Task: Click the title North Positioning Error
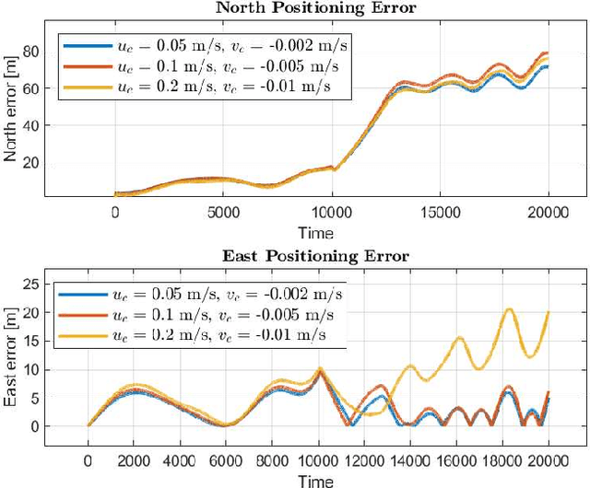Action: click(x=315, y=9)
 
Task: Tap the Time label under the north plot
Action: click(x=315, y=233)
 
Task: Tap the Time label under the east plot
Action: click(x=315, y=480)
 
